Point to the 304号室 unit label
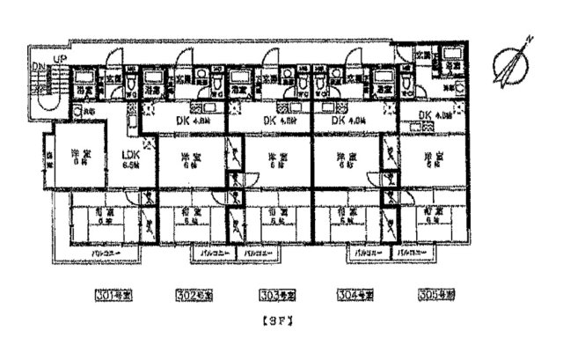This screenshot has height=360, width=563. tap(355, 293)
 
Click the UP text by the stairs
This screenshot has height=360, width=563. tap(60, 59)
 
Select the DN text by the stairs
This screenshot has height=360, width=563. tap(38, 68)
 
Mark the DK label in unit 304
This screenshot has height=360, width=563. tap(345, 121)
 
